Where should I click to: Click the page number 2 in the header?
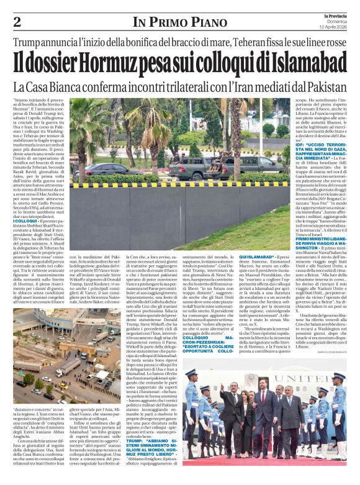tap(17, 22)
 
